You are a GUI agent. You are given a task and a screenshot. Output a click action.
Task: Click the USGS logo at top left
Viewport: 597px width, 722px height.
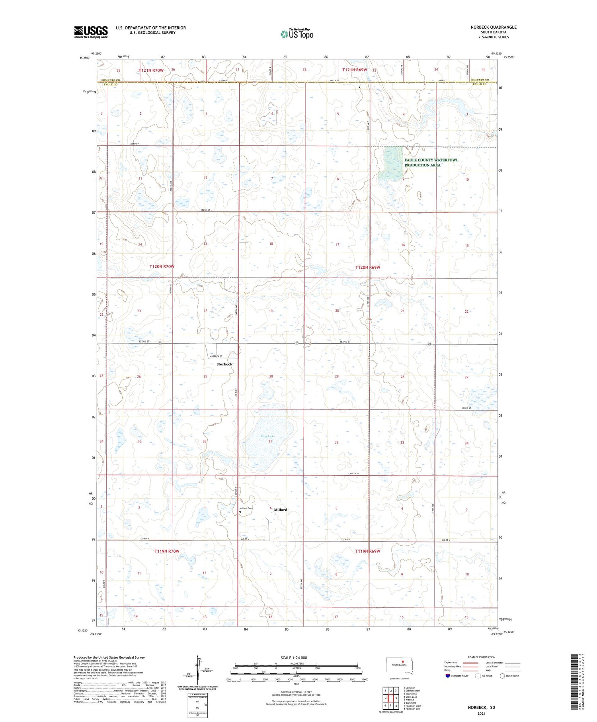[x=91, y=32]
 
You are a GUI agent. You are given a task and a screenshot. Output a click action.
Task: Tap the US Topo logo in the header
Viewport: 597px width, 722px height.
[x=297, y=34]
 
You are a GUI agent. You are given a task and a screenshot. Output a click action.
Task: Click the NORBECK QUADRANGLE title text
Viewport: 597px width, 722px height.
[x=493, y=27]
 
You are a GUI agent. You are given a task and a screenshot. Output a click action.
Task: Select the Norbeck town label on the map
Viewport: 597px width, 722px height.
[x=224, y=364]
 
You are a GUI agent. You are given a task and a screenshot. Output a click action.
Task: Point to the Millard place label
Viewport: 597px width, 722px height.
[x=280, y=510]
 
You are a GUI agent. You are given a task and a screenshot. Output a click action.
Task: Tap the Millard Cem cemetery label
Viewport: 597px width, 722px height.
[x=246, y=508]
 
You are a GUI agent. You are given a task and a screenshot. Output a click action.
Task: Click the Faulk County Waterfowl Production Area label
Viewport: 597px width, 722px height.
[x=431, y=162]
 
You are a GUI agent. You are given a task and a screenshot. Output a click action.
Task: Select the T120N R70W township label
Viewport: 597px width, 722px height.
[x=162, y=266]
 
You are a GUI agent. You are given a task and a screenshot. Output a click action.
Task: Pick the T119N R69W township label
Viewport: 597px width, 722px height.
[x=367, y=551]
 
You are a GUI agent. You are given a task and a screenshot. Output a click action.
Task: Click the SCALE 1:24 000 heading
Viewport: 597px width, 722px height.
[x=294, y=657]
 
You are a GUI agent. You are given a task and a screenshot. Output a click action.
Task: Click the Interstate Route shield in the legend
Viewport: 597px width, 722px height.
[x=447, y=676]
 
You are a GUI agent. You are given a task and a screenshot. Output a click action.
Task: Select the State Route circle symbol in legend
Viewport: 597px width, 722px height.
[x=502, y=676]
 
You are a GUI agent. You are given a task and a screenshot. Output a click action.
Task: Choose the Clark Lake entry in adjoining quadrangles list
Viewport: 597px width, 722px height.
[x=410, y=697]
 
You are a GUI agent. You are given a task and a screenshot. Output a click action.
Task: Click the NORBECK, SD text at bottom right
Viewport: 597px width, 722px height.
[x=481, y=708]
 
